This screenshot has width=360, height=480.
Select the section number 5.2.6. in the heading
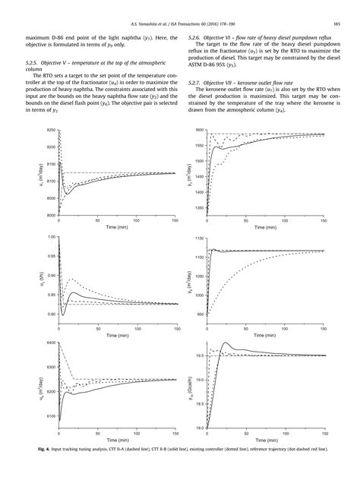196,36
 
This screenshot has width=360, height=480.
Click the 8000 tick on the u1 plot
52,216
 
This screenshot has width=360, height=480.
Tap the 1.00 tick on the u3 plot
52,237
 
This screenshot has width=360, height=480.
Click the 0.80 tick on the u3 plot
52,314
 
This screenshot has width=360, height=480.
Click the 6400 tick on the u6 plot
52,343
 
